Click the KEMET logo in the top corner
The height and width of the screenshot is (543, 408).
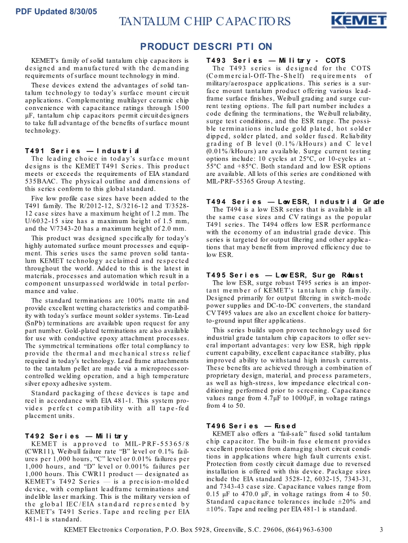pos(359,21)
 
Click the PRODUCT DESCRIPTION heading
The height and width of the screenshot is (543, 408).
pos(206,47)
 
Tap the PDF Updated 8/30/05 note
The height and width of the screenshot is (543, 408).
pos(56,11)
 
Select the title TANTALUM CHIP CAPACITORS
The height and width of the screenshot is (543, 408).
pos(205,21)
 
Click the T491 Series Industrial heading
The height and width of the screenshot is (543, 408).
pos(82,151)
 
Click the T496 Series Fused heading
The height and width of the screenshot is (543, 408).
pos(251,426)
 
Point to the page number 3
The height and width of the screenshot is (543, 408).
pos(381,530)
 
